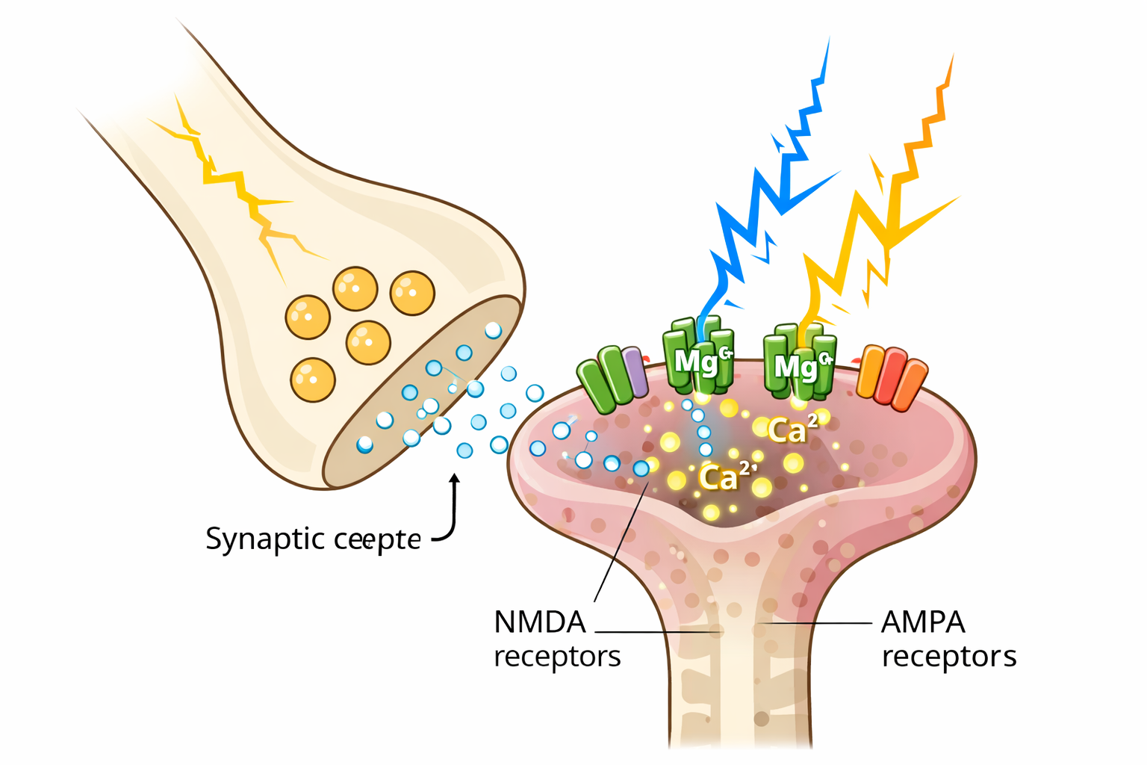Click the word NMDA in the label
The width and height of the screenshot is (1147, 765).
(539, 622)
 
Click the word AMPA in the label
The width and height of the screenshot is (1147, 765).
(923, 622)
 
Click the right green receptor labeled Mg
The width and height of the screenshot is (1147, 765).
(799, 362)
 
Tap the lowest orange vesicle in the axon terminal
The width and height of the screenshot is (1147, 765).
(313, 380)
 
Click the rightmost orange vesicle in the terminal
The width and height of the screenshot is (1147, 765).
(412, 293)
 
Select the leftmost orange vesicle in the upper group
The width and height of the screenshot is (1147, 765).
(308, 317)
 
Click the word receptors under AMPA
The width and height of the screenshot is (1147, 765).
(948, 657)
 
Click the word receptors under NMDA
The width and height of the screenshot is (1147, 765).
(557, 657)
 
